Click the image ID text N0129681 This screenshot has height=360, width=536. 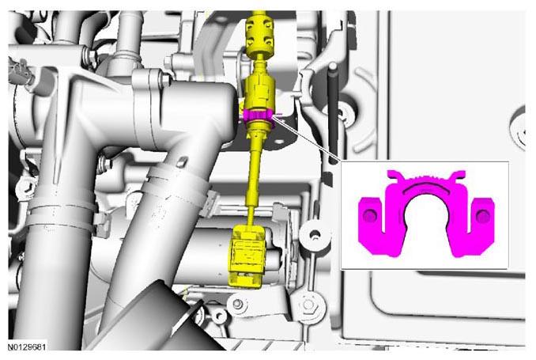point(27,347)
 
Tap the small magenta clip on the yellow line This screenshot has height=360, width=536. point(259,116)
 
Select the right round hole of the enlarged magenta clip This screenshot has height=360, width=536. point(482,216)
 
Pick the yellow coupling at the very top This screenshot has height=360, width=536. point(259,34)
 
